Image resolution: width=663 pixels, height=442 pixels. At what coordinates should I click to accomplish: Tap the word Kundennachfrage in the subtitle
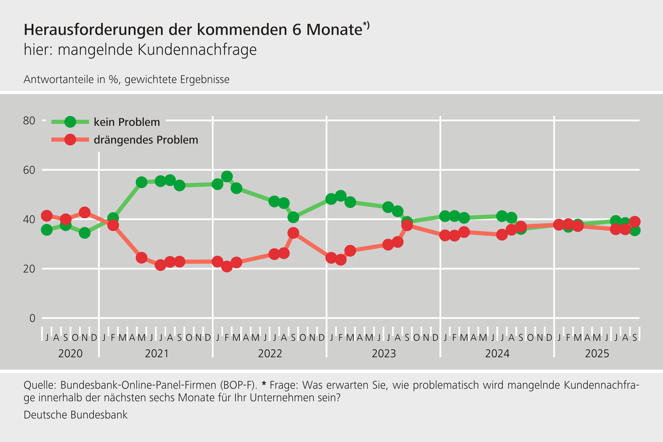tap(197, 50)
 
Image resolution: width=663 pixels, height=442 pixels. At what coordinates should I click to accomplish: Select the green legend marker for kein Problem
tap(70, 122)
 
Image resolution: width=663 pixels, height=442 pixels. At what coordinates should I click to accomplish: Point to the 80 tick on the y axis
tap(29, 121)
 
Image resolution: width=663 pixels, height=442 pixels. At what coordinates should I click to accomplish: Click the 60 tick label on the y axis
tap(29, 170)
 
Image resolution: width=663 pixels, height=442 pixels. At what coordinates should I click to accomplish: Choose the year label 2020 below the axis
tap(70, 353)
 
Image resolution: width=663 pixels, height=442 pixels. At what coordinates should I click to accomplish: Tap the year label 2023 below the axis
tap(384, 353)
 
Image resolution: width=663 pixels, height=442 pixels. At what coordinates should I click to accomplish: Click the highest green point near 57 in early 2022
tap(227, 176)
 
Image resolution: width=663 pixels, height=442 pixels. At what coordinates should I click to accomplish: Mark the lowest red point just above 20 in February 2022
tap(227, 266)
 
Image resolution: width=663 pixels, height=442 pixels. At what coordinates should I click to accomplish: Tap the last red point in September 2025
tap(634, 222)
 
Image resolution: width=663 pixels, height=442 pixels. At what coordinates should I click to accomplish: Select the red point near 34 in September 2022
tap(293, 233)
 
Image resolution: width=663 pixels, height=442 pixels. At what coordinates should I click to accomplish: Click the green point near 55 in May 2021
tap(141, 182)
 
